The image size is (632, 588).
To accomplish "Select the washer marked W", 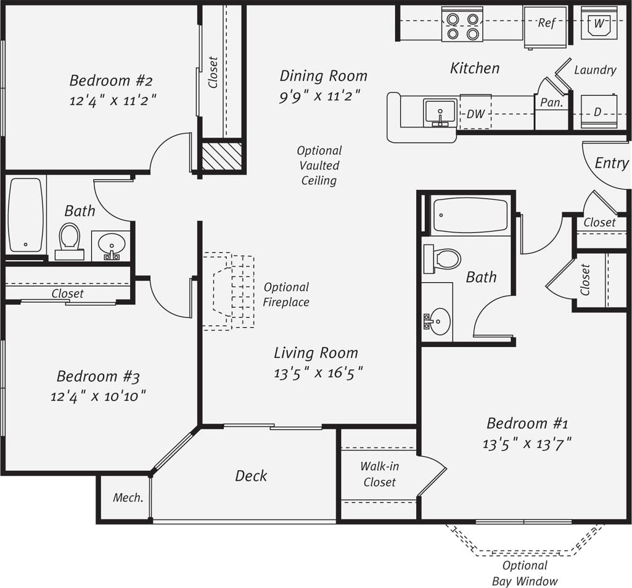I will tap(599, 24).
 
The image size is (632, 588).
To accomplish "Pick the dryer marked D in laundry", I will tap(597, 112).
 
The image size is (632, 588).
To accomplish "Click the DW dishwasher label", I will tap(475, 114).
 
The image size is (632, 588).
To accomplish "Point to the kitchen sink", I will tap(440, 113).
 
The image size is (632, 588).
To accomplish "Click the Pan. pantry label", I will tap(551, 103).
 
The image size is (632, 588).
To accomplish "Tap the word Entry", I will tap(611, 163).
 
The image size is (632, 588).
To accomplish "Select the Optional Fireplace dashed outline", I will tap(230, 290).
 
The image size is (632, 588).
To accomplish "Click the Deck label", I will tap(251, 476).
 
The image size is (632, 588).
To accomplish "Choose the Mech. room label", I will tap(128, 497).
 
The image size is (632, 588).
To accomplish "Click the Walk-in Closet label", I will tap(379, 475).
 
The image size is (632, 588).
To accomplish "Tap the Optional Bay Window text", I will tap(525, 573).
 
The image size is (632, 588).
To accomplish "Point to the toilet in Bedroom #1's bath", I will tap(442, 259).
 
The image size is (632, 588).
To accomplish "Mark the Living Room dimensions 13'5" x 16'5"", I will tap(318, 373).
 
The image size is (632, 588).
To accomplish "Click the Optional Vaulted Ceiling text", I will tap(319, 165).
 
